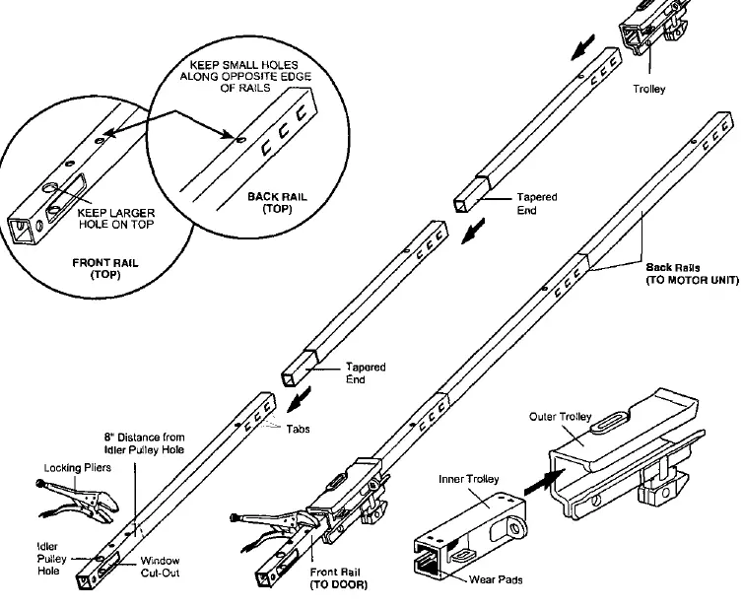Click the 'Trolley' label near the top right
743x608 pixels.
pyautogui.click(x=648, y=89)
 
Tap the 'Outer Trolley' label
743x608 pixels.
pyautogui.click(x=561, y=417)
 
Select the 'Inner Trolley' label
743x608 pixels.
pyautogui.click(x=469, y=479)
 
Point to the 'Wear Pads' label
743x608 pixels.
pyautogui.click(x=496, y=579)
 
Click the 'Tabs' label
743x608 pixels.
pyautogui.click(x=298, y=429)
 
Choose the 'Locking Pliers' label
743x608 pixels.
pyautogui.click(x=77, y=468)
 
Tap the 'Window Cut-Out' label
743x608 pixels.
pyautogui.click(x=161, y=567)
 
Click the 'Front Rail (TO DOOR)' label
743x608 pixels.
pyautogui.click(x=338, y=578)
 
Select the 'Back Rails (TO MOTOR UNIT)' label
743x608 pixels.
pyautogui.click(x=693, y=273)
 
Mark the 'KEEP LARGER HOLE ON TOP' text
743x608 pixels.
pyautogui.click(x=116, y=219)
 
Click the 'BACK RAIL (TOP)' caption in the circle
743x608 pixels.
pyautogui.click(x=277, y=202)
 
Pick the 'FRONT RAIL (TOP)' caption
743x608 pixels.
pyautogui.click(x=105, y=268)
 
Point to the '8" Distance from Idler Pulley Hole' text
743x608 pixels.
pyautogui.click(x=145, y=443)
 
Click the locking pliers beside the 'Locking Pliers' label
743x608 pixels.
pyautogui.click(x=78, y=501)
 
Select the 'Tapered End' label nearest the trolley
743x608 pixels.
pyautogui.click(x=536, y=203)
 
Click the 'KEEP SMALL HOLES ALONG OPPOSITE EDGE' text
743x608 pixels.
pyautogui.click(x=245, y=76)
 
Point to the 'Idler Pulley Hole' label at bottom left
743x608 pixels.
pyautogui.click(x=51, y=559)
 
